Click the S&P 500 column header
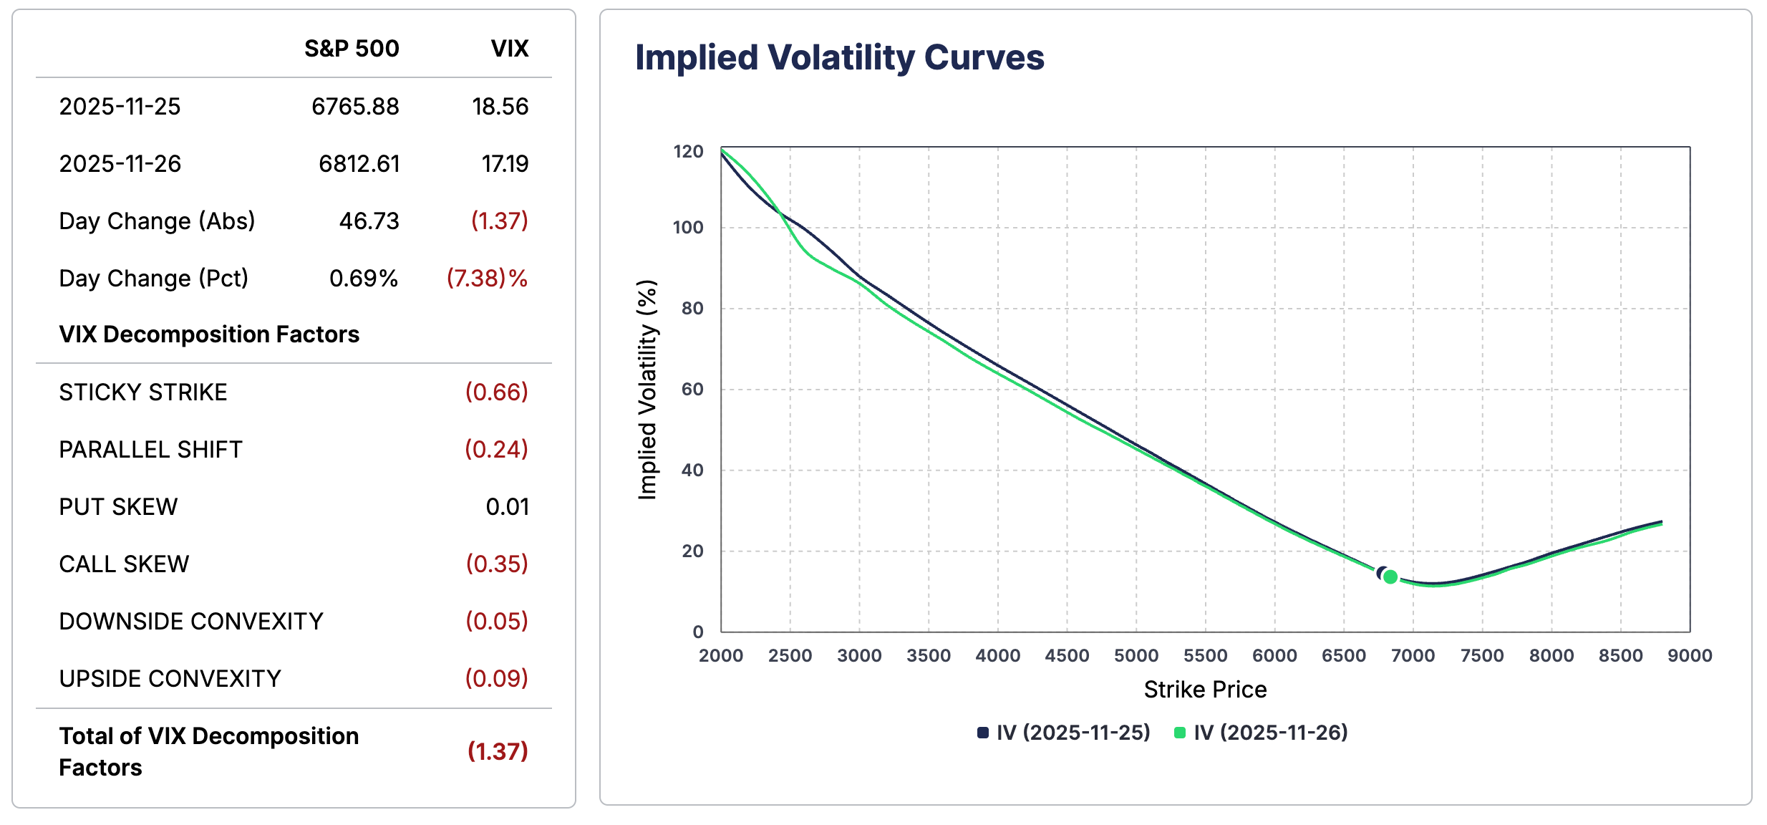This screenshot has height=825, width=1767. pyautogui.click(x=351, y=49)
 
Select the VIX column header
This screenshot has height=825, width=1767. pyautogui.click(x=509, y=49)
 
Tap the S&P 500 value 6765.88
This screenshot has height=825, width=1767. pyautogui.click(x=355, y=107)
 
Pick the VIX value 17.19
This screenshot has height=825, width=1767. pyautogui.click(x=505, y=164)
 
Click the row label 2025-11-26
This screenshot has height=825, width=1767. pyautogui.click(x=120, y=164)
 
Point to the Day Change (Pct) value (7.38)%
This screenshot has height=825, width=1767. pyautogui.click(x=487, y=279)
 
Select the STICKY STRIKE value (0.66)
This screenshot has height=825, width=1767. pyautogui.click(x=496, y=392)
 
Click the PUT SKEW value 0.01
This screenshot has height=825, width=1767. pyautogui.click(x=507, y=507)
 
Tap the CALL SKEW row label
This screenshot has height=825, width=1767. pyautogui.click(x=124, y=564)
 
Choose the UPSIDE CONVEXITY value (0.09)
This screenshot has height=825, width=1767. pyautogui.click(x=496, y=679)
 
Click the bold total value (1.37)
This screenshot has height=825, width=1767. pyautogui.click(x=497, y=751)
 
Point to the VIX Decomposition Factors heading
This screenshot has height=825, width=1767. pyautogui.click(x=209, y=334)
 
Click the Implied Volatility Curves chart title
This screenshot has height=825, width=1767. pyautogui.click(x=839, y=57)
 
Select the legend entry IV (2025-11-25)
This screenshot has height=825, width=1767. pyautogui.click(x=1065, y=733)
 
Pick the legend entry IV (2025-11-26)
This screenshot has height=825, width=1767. pyautogui.click(x=1262, y=733)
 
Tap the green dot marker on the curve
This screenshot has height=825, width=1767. pyautogui.click(x=1390, y=576)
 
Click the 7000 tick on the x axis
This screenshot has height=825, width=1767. pyautogui.click(x=1413, y=655)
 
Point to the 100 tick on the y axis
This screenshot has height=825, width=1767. pyautogui.click(x=688, y=228)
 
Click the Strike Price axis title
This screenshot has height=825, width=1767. pyautogui.click(x=1205, y=690)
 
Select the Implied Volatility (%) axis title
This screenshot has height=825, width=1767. pyautogui.click(x=647, y=390)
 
